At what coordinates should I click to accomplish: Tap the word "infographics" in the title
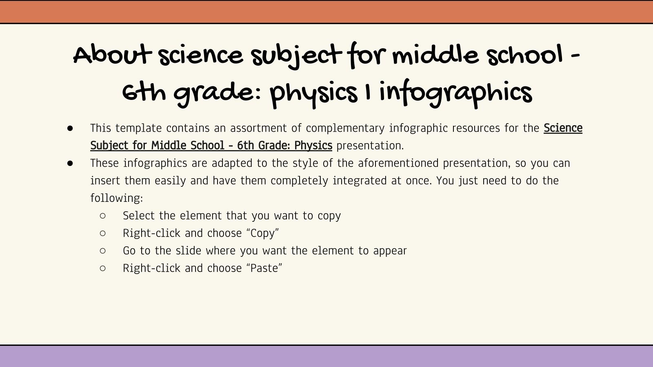tap(455, 93)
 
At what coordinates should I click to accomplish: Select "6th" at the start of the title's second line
tap(144, 93)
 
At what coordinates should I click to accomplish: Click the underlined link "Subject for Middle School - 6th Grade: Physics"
tap(211, 146)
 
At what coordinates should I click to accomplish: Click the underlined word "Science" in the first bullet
tap(563, 128)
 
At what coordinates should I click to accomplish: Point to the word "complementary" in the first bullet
tap(345, 128)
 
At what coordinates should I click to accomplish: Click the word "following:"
tap(117, 198)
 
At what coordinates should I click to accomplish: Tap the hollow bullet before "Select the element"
tap(102, 216)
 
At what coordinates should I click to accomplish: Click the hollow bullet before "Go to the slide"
tap(102, 251)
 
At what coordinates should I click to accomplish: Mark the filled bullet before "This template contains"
tap(70, 128)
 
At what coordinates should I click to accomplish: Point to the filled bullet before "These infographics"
tap(70, 164)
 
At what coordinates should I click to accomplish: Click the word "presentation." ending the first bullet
tap(370, 146)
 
